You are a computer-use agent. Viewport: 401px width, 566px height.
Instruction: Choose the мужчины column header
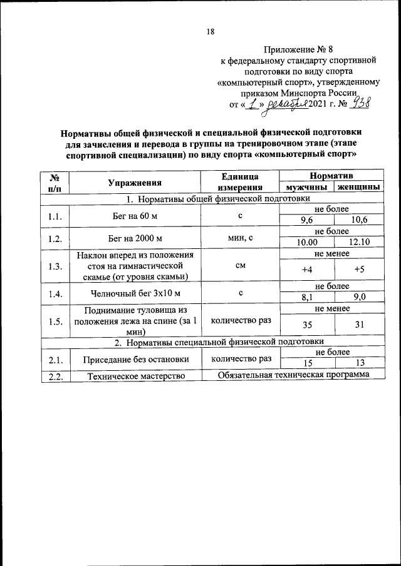click(x=306, y=188)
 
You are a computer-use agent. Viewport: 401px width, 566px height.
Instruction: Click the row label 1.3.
click(x=55, y=266)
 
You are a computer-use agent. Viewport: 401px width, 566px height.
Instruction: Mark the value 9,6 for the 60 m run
click(x=306, y=221)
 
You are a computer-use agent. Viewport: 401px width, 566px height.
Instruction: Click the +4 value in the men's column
click(x=306, y=270)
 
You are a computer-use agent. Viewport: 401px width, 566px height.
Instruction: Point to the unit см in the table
click(x=240, y=266)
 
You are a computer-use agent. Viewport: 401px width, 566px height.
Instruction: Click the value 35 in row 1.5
click(x=306, y=325)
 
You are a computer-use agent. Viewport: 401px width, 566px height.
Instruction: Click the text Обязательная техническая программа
click(x=294, y=375)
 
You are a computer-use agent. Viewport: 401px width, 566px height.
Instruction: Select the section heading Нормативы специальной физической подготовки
click(x=219, y=342)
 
